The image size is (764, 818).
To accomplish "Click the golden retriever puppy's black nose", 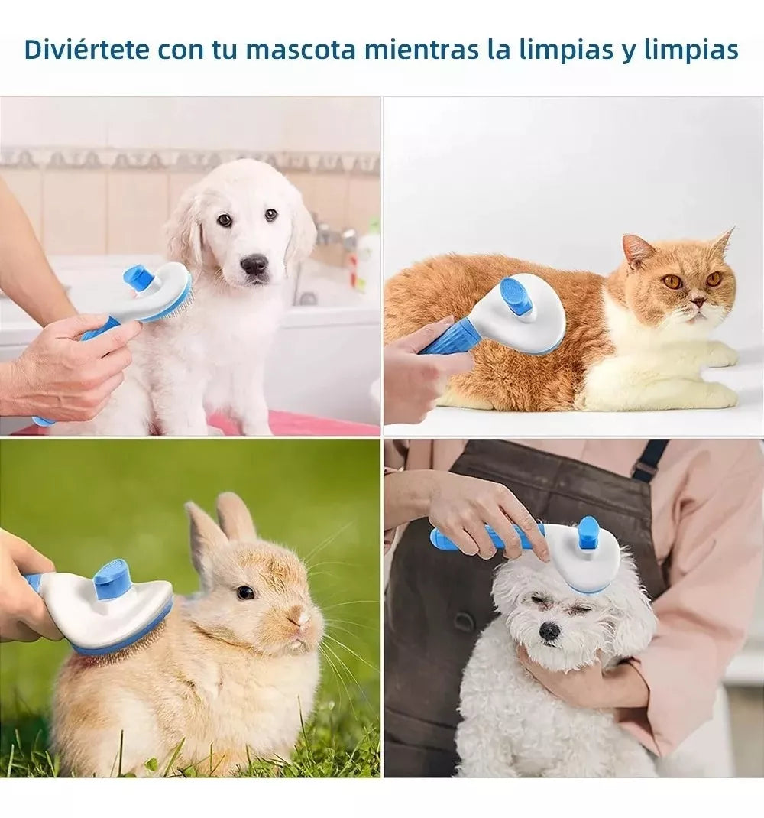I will pos(254,265).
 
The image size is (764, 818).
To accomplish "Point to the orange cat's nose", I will pos(697,303).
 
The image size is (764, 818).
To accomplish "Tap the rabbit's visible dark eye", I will pos(245,592).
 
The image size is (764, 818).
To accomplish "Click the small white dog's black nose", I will pos(549,631).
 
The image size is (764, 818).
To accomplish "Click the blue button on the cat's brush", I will pos(516,296).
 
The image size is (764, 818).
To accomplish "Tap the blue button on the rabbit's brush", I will pos(112,579).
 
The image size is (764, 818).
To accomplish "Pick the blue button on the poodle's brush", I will pos(588,532).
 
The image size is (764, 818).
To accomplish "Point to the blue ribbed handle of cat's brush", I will pos(452,337).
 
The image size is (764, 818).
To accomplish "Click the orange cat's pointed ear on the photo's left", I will pos(636,249).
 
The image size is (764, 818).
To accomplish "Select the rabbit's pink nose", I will pos(303,615).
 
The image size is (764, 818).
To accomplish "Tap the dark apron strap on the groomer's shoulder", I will pos(650,459).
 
